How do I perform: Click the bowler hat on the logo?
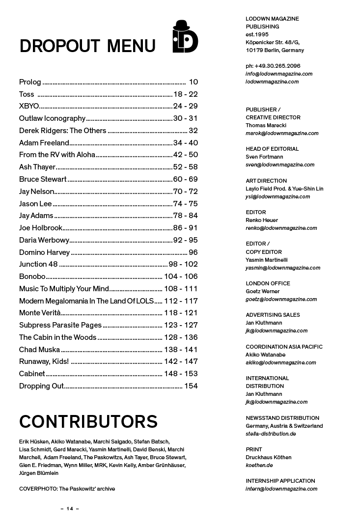tap(181, 26)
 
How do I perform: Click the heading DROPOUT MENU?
tap(87, 46)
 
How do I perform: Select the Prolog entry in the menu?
tap(30, 82)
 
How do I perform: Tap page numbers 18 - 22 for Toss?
tap(185, 94)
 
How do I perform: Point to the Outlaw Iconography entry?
tap(52, 118)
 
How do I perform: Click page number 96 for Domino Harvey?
tap(193, 252)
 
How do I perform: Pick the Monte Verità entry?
tap(39, 313)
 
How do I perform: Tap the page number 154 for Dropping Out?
tap(191, 386)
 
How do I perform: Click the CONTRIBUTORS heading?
tap(88, 421)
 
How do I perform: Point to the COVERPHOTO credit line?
tap(67, 489)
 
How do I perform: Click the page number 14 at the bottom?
tap(70, 509)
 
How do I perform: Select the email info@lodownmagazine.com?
tap(279, 74)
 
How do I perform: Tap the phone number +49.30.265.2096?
tap(273, 66)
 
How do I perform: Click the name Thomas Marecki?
tap(266, 125)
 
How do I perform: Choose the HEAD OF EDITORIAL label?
tap(272, 149)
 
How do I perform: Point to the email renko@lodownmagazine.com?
tap(281, 228)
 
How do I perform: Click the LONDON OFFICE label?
tap(268, 283)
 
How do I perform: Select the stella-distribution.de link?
tap(271, 434)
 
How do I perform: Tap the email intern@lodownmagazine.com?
tap(281, 489)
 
